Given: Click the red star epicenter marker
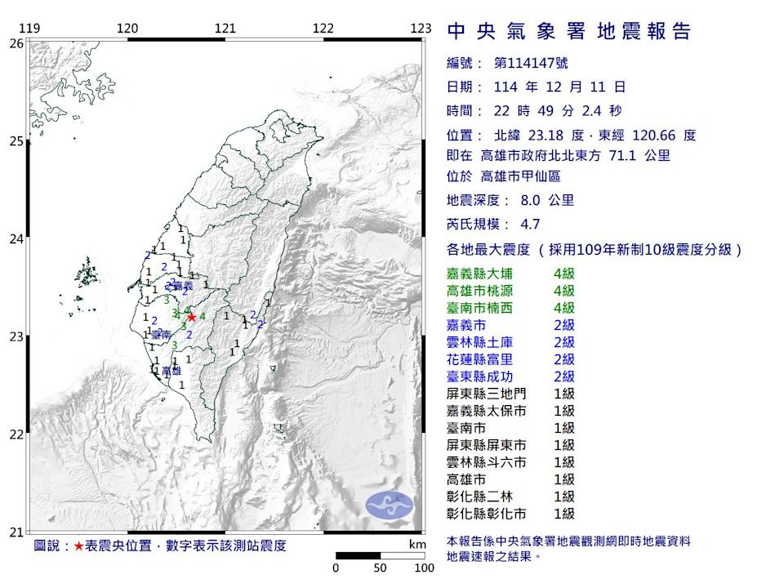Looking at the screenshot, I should (191, 317).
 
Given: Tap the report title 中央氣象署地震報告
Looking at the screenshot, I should (569, 32).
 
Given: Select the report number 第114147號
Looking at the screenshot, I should (531, 63).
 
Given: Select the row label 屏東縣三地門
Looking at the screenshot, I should (487, 394).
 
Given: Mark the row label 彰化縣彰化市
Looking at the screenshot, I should (487, 514).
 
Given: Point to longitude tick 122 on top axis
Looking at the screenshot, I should (323, 28).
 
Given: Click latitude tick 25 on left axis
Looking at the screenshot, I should (16, 141).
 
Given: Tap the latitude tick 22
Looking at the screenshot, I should (16, 434).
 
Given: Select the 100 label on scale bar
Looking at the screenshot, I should (424, 568).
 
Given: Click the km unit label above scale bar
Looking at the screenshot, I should (417, 544).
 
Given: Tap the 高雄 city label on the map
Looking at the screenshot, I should (171, 372).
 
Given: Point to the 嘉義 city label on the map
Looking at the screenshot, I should (184, 287).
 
